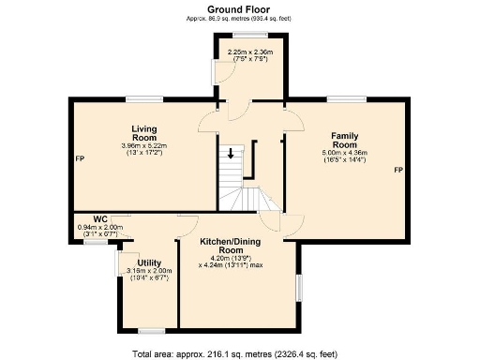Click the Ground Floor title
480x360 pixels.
coord(239,8)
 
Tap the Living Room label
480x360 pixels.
coord(144,134)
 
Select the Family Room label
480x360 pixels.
coord(344,139)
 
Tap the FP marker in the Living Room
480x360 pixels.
coord(80,158)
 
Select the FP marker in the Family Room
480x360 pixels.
coord(397,170)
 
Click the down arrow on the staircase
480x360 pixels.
coord(230,154)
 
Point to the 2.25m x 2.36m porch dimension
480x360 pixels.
coord(250,52)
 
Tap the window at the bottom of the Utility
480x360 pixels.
coord(151,330)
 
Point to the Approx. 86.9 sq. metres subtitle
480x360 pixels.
coord(239,18)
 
